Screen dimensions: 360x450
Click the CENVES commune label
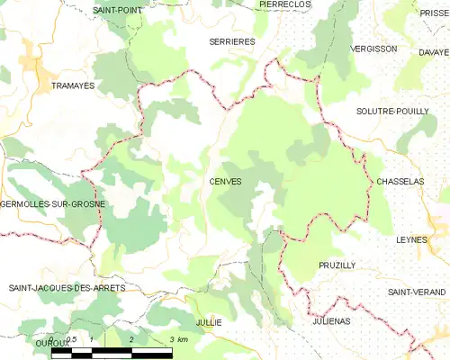(225, 182)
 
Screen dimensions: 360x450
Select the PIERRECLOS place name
(284, 4)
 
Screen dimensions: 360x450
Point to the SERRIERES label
(232, 41)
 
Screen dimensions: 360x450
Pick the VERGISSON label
(373, 49)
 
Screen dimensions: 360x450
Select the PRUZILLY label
(337, 265)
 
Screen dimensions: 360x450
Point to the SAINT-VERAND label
(418, 292)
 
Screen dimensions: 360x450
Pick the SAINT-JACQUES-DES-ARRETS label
(67, 288)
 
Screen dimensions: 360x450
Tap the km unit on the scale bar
(182, 339)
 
